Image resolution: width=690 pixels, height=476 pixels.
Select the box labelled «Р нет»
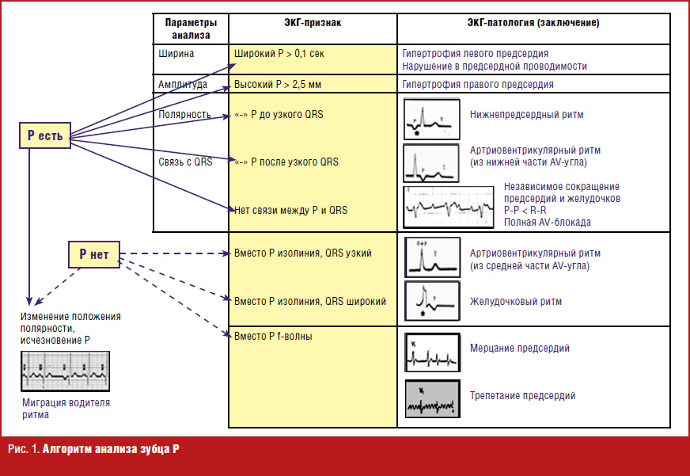coord(93,254)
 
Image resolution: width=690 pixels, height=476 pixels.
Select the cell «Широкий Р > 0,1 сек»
coord(279,54)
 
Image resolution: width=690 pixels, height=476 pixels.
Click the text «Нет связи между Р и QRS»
coord(290,210)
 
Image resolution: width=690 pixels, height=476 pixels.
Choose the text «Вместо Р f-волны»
coord(273,337)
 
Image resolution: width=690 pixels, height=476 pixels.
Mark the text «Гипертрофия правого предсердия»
coord(477,83)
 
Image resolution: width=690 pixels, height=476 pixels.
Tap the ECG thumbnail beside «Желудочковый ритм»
coord(431,300)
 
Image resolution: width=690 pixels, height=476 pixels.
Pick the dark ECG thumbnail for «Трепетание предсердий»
coord(431,399)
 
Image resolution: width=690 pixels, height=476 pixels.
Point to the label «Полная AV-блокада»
coord(547,223)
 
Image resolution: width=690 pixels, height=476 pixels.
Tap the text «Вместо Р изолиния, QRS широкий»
coord(310,301)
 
